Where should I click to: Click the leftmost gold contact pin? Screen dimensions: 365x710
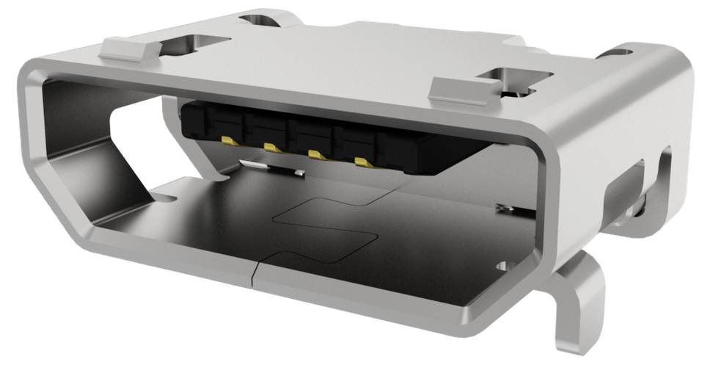coord(227,140)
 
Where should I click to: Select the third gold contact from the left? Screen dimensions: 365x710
coord(316,154)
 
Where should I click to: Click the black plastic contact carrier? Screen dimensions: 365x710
coord(330,132)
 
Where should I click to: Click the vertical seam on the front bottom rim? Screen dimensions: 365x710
coord(254,275)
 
